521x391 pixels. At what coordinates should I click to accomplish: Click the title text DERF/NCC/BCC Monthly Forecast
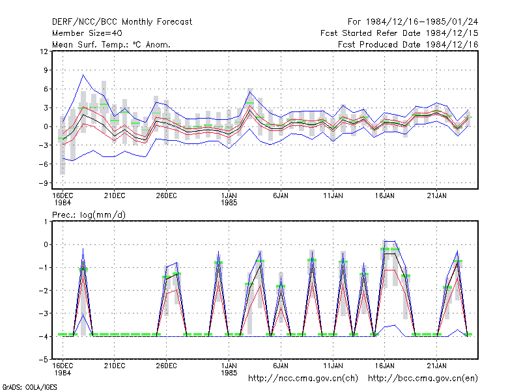pyautogui.click(x=122, y=22)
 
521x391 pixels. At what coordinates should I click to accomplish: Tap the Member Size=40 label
pyautogui.click(x=87, y=33)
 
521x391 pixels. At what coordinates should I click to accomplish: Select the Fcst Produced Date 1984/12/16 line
pyautogui.click(x=408, y=44)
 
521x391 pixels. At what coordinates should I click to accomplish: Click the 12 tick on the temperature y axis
pyautogui.click(x=44, y=51)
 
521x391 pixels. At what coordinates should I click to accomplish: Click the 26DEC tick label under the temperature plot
pyautogui.click(x=166, y=196)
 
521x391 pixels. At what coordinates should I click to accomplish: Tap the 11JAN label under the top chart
pyautogui.click(x=333, y=196)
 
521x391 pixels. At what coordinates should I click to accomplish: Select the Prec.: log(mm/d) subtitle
pyautogui.click(x=89, y=215)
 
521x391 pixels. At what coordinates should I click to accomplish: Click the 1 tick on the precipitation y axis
pyautogui.click(x=46, y=222)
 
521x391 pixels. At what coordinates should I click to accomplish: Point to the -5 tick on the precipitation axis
pyautogui.click(x=44, y=360)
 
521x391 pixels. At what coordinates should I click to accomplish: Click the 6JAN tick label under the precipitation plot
pyautogui.click(x=281, y=366)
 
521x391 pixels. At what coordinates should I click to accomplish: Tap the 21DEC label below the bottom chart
pyautogui.click(x=115, y=366)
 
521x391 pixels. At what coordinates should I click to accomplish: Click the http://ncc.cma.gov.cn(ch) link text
pyautogui.click(x=303, y=379)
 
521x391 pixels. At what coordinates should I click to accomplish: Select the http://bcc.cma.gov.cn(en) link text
pyautogui.click(x=423, y=379)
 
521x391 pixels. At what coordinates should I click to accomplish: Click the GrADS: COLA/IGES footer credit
pyautogui.click(x=29, y=387)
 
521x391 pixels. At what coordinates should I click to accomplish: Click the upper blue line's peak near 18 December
pyautogui.click(x=83, y=75)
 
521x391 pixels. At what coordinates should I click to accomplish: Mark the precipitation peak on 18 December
pyautogui.click(x=83, y=248)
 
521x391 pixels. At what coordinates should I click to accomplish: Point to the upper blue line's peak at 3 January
pyautogui.click(x=250, y=92)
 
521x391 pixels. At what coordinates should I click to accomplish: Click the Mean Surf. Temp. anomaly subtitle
pyautogui.click(x=111, y=44)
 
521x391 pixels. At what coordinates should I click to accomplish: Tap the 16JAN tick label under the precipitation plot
pyautogui.click(x=385, y=366)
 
